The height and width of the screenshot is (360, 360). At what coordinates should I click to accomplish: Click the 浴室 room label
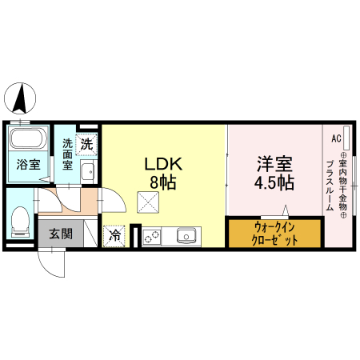(x=29, y=166)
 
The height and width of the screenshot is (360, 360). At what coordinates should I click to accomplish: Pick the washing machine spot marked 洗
(x=87, y=145)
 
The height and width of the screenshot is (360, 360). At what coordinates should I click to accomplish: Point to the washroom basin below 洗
(x=88, y=170)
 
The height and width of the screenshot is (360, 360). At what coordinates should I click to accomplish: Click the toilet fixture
(x=21, y=219)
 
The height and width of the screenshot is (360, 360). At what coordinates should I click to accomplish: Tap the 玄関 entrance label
(x=60, y=234)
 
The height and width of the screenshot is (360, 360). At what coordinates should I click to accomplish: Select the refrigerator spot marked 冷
(x=114, y=236)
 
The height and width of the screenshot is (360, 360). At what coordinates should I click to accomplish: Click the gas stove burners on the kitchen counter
(x=152, y=237)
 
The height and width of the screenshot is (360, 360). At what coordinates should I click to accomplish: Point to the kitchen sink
(x=187, y=237)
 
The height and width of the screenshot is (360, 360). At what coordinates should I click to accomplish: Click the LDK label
(x=163, y=164)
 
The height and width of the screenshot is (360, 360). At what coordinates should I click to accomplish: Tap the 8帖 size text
(x=163, y=182)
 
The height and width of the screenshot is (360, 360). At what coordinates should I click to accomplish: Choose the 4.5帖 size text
(x=274, y=182)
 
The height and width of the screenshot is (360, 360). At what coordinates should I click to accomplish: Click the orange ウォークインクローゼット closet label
(x=275, y=234)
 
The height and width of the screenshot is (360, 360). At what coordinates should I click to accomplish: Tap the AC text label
(x=336, y=137)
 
